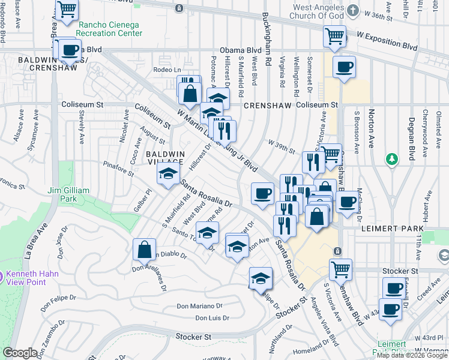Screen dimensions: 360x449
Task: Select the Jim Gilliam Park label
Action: click(68, 194)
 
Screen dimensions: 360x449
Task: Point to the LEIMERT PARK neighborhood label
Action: click(392, 229)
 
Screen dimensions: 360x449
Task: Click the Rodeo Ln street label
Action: click(167, 70)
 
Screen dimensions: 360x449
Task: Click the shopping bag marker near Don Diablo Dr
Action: click(144, 249)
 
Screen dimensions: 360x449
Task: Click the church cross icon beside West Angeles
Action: click(353, 11)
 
